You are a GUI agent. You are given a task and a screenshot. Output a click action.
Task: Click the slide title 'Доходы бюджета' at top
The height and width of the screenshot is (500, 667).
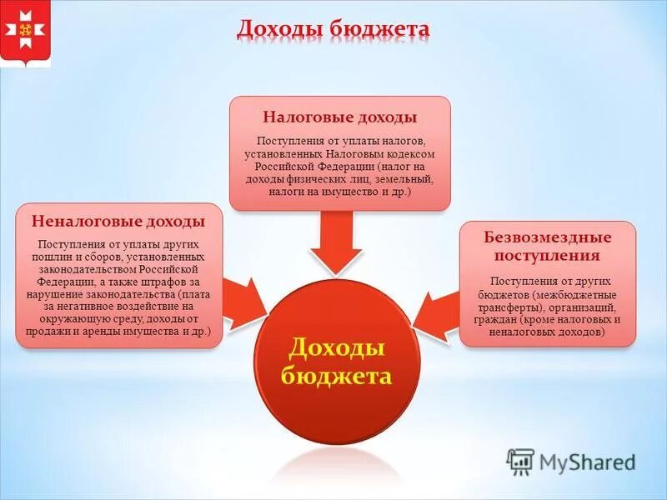(333, 29)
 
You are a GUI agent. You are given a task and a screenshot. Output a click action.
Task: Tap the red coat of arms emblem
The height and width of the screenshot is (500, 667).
(25, 34)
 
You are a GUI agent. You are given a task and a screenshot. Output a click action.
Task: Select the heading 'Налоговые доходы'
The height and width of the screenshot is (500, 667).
(340, 117)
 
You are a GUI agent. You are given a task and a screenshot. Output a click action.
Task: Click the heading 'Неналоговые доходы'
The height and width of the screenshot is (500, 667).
(118, 222)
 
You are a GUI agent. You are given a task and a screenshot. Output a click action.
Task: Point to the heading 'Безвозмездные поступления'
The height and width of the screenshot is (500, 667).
(548, 247)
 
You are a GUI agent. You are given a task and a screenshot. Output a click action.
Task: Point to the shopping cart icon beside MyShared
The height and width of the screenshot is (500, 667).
(520, 461)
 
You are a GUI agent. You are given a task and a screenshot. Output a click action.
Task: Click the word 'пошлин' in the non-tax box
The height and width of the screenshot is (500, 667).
(58, 257)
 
